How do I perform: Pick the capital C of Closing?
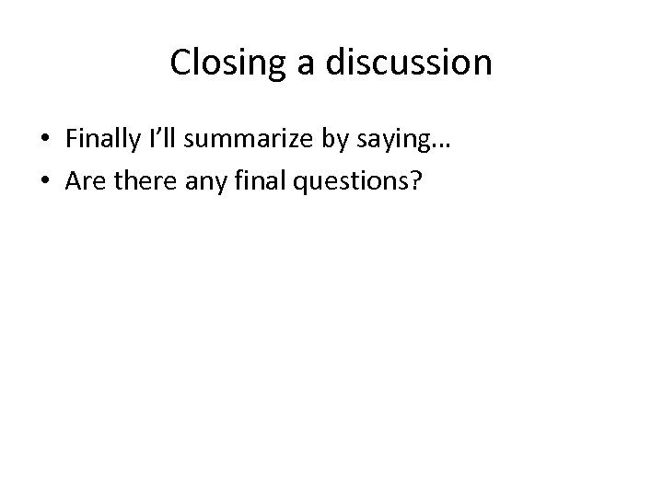(180, 64)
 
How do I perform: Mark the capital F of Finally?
(71, 138)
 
